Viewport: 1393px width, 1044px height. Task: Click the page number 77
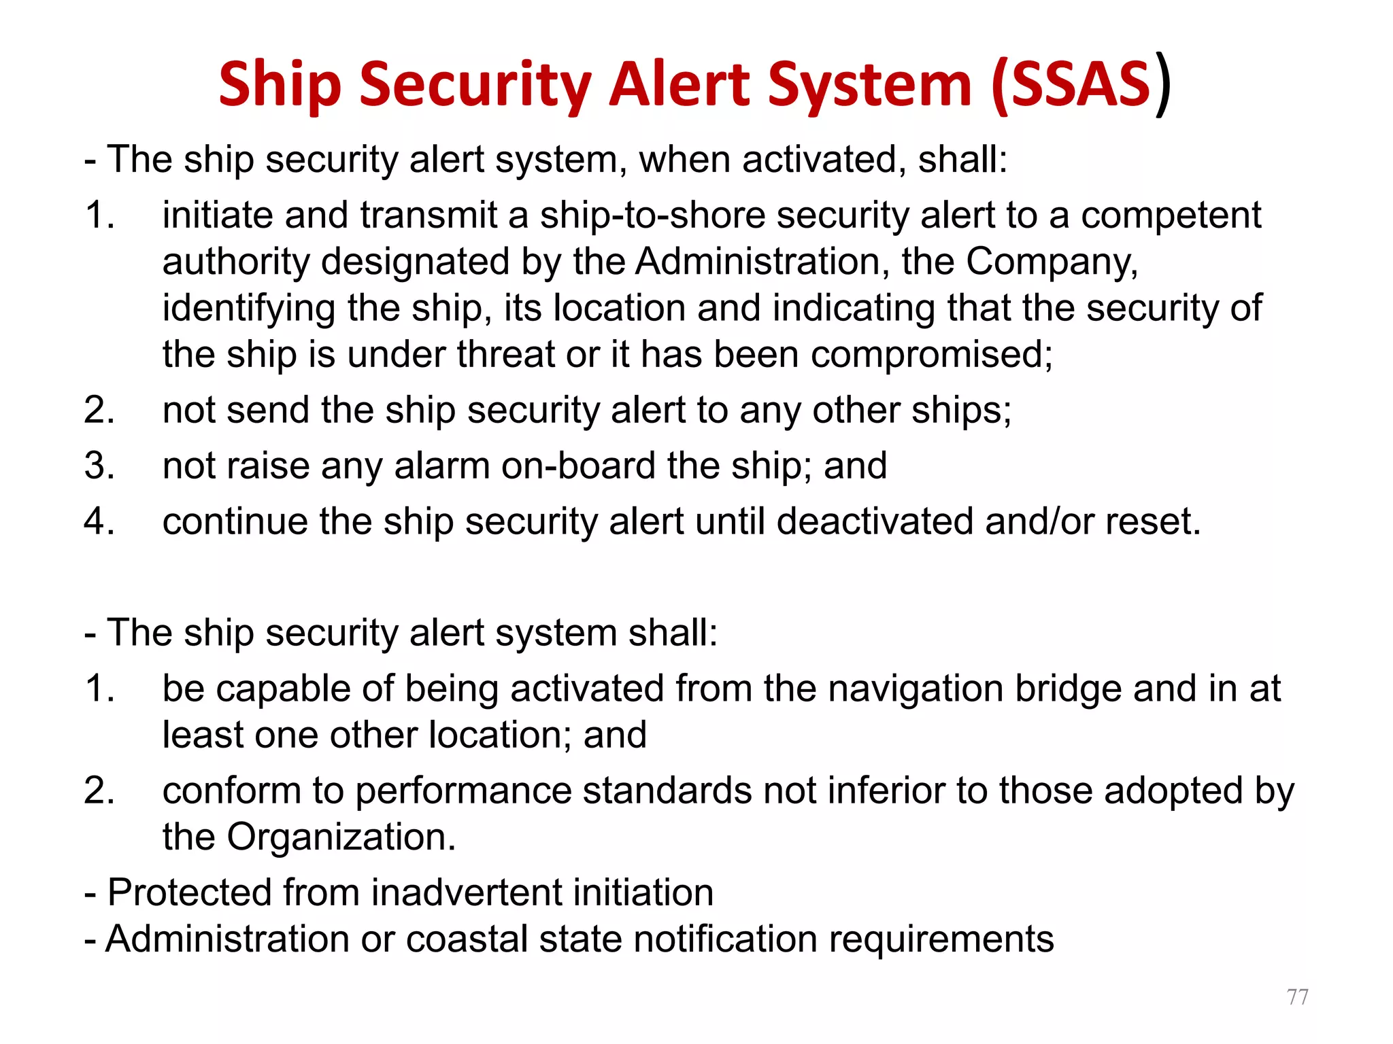1297,996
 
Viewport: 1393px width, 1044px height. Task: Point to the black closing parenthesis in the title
1164,84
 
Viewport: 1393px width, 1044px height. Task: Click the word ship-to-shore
653,215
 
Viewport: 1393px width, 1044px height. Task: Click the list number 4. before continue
99,522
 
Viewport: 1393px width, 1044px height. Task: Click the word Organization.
341,837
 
